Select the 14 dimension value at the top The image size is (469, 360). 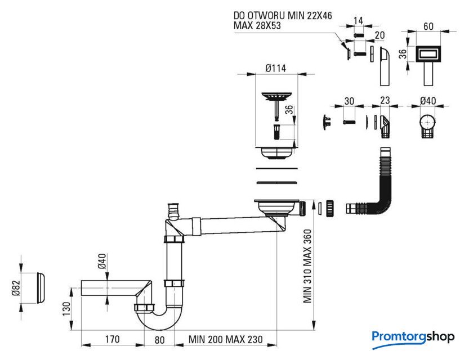click(x=358, y=21)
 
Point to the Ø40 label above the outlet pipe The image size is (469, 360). click(x=102, y=262)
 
